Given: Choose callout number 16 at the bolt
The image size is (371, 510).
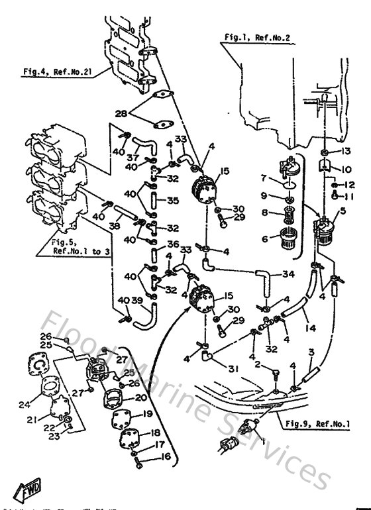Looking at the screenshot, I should [x=165, y=457].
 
